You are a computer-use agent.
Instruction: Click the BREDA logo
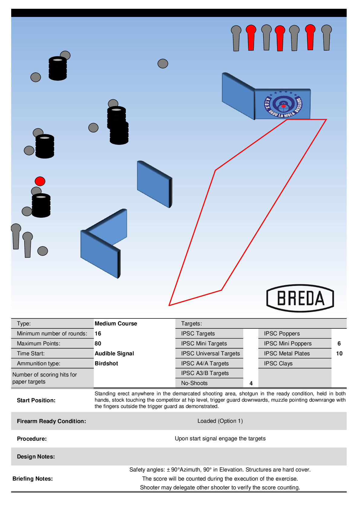300,298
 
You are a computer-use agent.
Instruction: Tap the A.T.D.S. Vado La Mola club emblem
283,104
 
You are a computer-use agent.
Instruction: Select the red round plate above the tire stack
40,181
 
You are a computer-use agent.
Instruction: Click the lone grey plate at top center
163,64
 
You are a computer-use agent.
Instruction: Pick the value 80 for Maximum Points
98,344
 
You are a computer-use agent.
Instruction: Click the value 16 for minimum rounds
98,334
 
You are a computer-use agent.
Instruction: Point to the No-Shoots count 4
251,383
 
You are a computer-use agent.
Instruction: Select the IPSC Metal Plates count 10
339,354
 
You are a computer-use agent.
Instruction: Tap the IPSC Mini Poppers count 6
339,344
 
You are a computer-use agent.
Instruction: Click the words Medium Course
116,324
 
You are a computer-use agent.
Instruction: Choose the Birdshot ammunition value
106,364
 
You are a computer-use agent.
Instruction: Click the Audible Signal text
114,354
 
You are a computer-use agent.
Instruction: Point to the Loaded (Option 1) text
220,421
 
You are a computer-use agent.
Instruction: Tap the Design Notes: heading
36,457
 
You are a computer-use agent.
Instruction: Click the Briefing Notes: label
33,479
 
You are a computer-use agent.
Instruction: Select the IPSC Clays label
278,364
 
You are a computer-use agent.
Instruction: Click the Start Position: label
36,400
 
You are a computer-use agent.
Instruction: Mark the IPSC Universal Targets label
211,354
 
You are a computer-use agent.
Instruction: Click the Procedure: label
32,439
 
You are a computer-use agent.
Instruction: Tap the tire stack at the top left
58,68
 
